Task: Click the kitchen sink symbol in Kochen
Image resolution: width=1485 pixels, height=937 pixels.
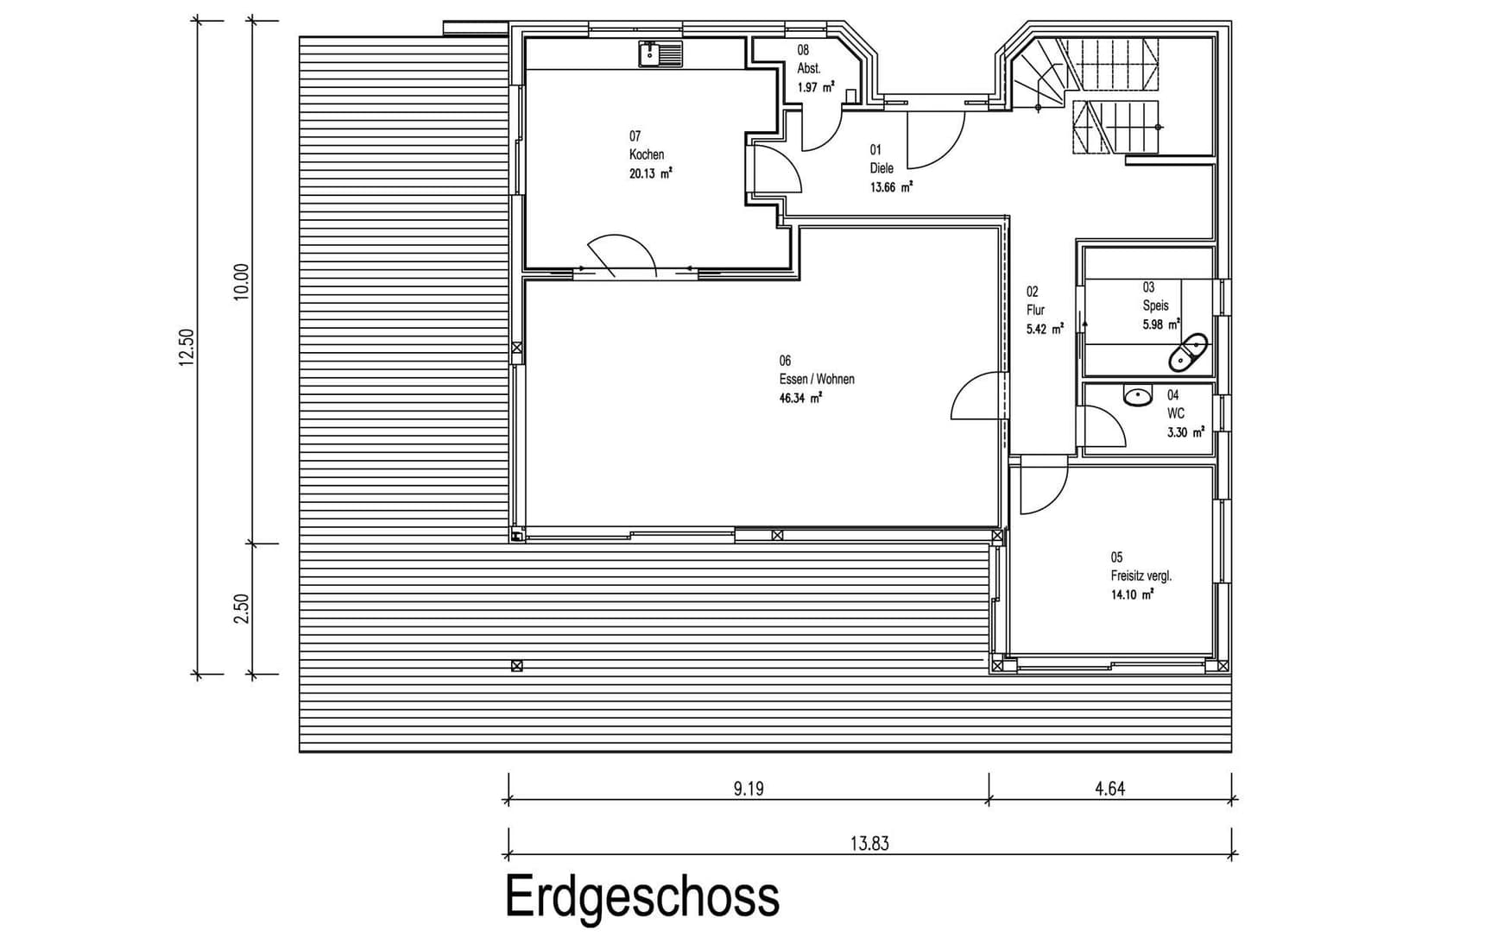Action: (x=660, y=54)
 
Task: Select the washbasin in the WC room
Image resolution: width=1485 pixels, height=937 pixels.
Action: (x=1138, y=396)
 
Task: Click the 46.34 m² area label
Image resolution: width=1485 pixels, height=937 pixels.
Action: (x=800, y=398)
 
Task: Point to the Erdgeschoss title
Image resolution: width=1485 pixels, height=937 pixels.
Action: (x=642, y=896)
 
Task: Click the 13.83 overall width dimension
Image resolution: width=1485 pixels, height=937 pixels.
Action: (x=869, y=843)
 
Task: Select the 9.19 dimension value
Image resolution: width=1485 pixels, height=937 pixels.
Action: (x=749, y=788)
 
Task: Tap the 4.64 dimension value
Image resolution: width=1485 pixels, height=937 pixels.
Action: (x=1109, y=788)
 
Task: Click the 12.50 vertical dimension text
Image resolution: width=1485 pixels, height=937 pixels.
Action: (x=187, y=347)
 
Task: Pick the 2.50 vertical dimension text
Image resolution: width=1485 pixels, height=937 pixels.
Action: (x=242, y=608)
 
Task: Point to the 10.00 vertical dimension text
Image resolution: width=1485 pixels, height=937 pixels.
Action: (x=242, y=281)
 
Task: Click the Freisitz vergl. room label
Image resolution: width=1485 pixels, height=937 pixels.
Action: (x=1141, y=575)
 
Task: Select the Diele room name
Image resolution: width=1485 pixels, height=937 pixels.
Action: (x=882, y=168)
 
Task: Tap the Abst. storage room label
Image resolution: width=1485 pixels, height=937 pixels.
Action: (x=809, y=68)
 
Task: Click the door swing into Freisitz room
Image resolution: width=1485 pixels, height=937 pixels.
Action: (x=1042, y=487)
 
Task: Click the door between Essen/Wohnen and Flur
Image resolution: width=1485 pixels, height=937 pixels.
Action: (x=979, y=397)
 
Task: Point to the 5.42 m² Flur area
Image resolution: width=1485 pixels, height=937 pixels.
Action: (x=1045, y=329)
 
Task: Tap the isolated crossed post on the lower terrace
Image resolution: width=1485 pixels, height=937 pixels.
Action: (x=516, y=665)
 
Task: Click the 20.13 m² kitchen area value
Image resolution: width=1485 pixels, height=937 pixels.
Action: (x=650, y=173)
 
